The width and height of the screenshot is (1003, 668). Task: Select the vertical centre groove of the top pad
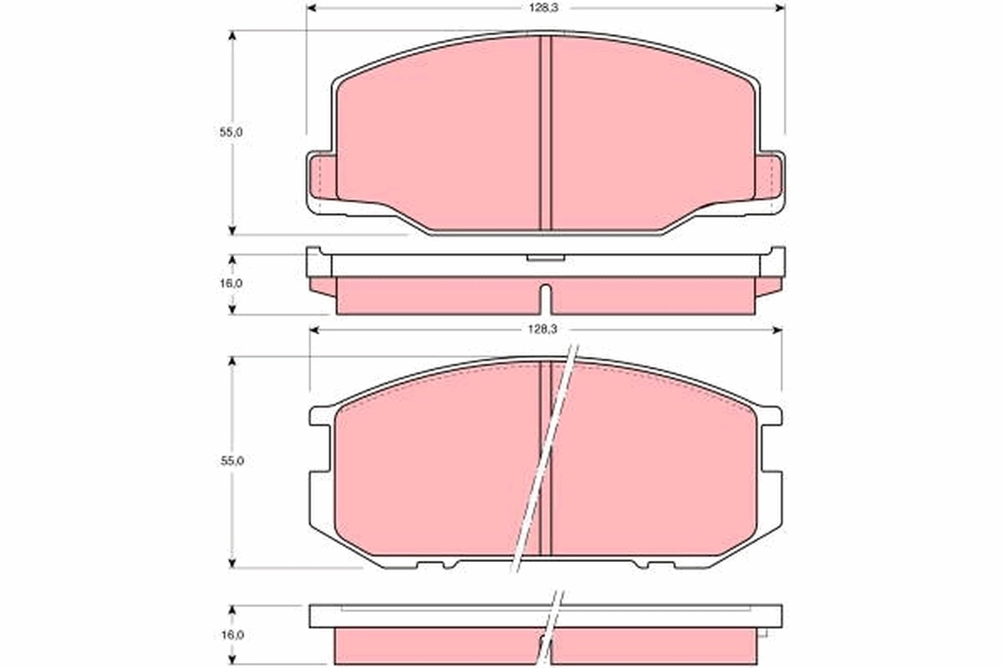click(x=546, y=134)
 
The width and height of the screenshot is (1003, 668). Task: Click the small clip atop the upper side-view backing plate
click(x=545, y=257)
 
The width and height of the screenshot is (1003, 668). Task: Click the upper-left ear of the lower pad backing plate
click(x=321, y=414)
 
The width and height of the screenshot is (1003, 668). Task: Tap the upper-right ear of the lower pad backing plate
click(x=771, y=414)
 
